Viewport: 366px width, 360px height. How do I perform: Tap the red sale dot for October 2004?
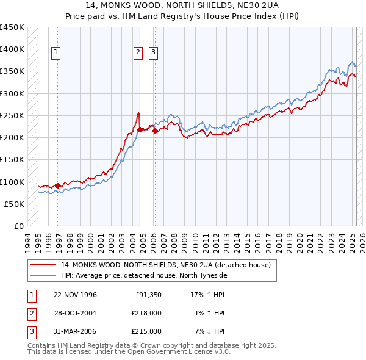click(x=140, y=129)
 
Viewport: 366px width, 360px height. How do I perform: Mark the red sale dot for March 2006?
click(x=155, y=131)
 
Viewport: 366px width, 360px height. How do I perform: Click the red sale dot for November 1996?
click(x=58, y=185)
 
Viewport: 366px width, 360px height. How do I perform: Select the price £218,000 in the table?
click(x=146, y=313)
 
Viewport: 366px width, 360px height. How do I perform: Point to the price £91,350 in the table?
click(x=148, y=295)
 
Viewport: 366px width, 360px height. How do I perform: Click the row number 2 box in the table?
click(x=31, y=313)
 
